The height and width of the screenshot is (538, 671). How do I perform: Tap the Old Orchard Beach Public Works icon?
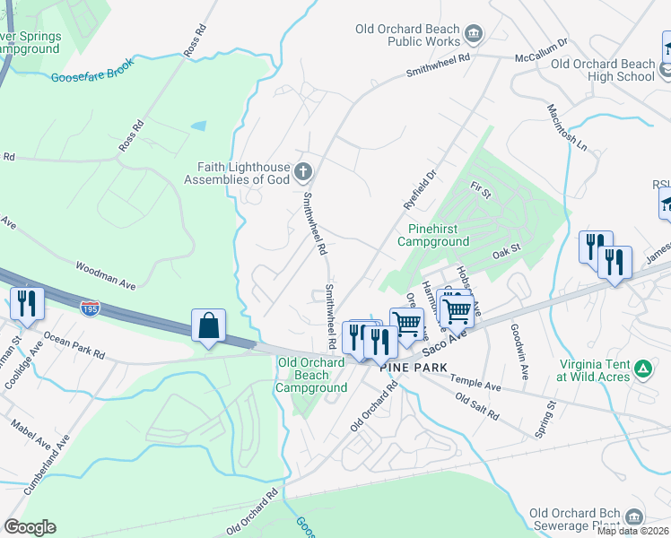[x=475, y=35]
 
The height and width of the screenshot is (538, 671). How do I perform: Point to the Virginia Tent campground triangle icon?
[x=642, y=369]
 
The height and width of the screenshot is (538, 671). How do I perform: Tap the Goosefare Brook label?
[x=92, y=72]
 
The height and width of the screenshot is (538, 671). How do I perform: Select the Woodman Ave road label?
[x=105, y=275]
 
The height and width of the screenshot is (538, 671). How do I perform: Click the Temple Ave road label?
[x=475, y=383]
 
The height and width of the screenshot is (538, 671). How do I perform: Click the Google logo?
[x=30, y=527]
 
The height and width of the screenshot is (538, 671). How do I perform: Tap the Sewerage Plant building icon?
[x=635, y=516]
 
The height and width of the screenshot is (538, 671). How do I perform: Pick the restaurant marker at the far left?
[x=26, y=304]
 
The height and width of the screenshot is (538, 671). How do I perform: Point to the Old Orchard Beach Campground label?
[x=311, y=375]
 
